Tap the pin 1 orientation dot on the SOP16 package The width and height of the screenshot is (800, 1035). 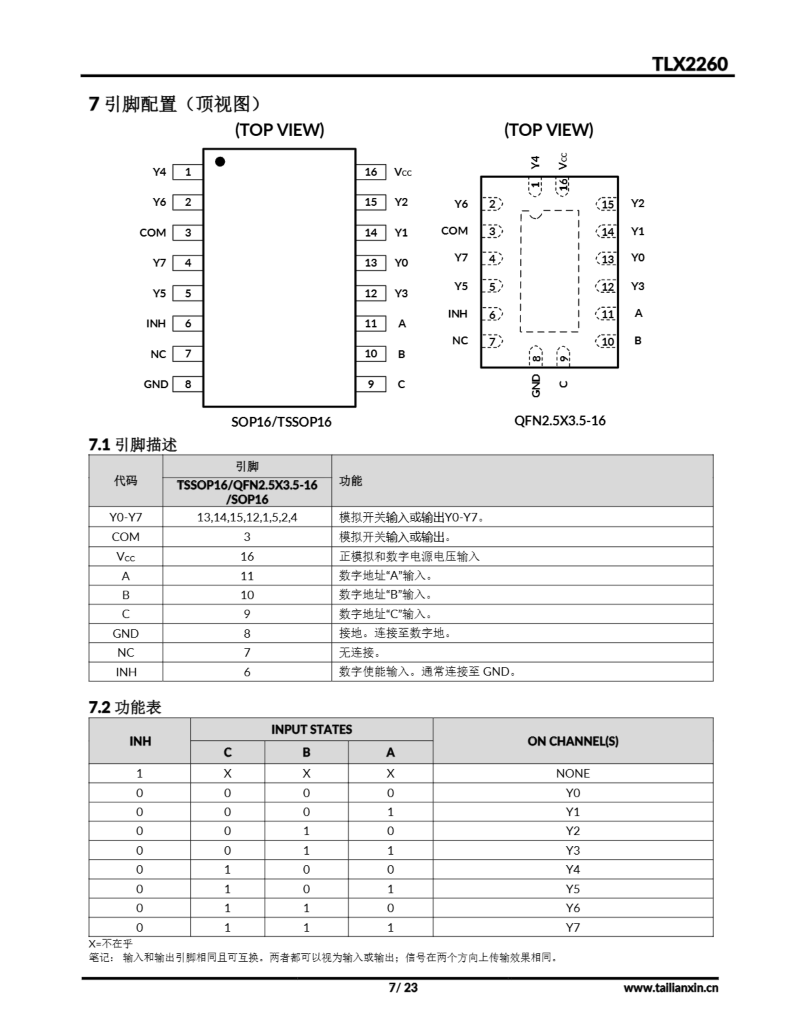pyautogui.click(x=220, y=162)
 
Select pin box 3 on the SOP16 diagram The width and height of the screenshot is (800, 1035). pyautogui.click(x=188, y=233)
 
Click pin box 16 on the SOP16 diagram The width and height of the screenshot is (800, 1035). pyautogui.click(x=371, y=172)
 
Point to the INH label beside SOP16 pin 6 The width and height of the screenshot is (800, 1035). pyautogui.click(x=156, y=324)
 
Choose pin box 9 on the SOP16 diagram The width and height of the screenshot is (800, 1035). pyautogui.click(x=371, y=384)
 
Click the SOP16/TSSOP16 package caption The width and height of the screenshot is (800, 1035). pyautogui.click(x=281, y=422)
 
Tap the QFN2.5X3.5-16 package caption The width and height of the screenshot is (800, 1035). pyautogui.click(x=560, y=420)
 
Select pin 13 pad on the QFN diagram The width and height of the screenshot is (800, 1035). pyautogui.click(x=607, y=259)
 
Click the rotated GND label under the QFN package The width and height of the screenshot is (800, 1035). pyautogui.click(x=536, y=385)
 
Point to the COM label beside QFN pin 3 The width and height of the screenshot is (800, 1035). pyautogui.click(x=454, y=231)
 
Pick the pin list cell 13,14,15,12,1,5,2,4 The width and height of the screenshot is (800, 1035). pyautogui.click(x=247, y=517)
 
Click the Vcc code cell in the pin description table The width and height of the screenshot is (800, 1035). pyautogui.click(x=126, y=557)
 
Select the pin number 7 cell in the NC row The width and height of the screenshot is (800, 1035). pyautogui.click(x=247, y=653)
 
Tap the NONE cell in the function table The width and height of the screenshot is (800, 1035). pyautogui.click(x=573, y=773)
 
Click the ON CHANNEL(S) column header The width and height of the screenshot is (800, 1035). pyautogui.click(x=573, y=741)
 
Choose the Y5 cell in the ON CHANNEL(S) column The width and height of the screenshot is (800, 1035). pyautogui.click(x=573, y=889)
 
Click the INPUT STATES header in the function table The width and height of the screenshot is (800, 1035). pyautogui.click(x=311, y=729)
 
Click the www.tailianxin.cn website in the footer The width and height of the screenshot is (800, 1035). pyautogui.click(x=671, y=988)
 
